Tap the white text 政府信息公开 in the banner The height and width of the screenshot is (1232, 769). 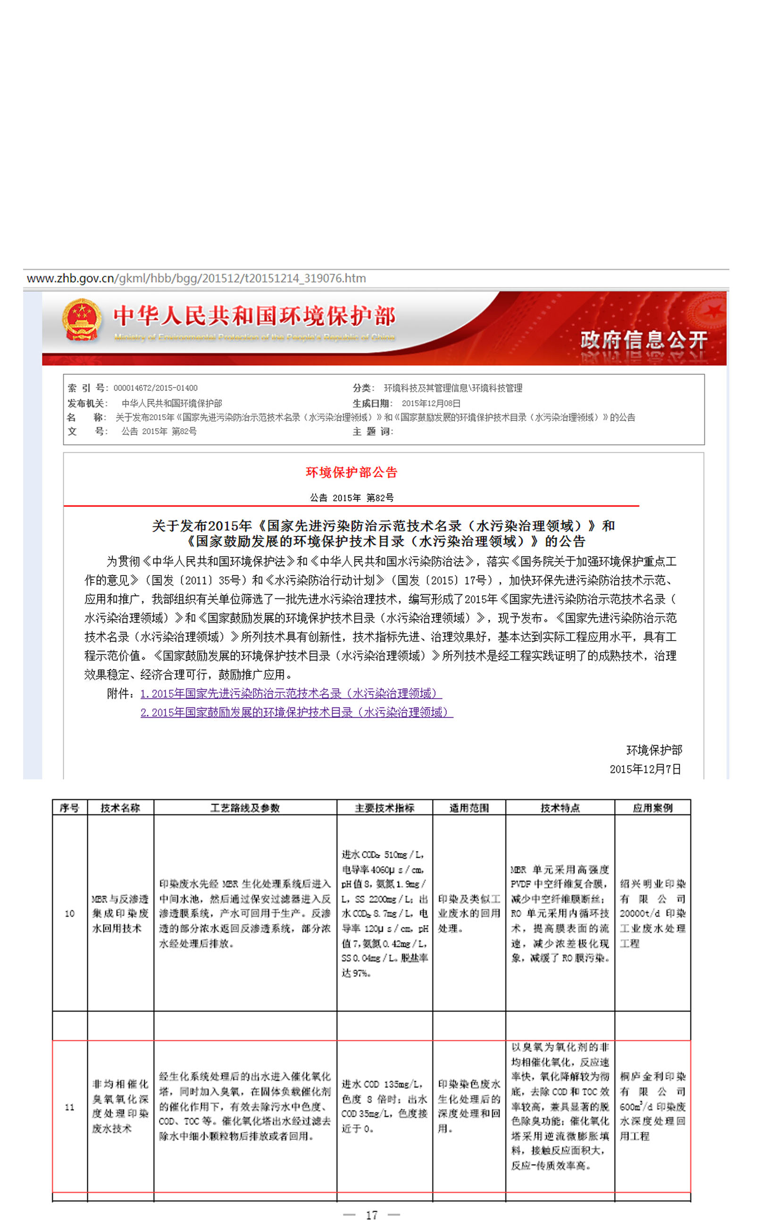[x=644, y=339]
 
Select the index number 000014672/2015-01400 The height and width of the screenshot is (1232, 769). [x=155, y=388]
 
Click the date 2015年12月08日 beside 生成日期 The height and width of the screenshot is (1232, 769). [x=431, y=403]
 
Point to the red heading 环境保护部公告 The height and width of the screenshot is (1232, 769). [x=351, y=472]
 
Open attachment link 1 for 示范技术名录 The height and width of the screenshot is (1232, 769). [x=291, y=693]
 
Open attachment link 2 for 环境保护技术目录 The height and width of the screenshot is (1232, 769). [x=296, y=712]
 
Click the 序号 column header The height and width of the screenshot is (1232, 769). [x=69, y=808]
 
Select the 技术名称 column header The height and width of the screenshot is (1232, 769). [x=120, y=808]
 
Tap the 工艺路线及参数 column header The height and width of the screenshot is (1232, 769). [x=245, y=808]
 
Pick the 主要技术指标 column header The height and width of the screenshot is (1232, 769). [x=384, y=808]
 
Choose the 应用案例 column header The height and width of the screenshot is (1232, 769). [x=652, y=808]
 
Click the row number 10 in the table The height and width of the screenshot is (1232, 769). [x=70, y=913]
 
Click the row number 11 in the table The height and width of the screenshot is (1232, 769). [x=70, y=1107]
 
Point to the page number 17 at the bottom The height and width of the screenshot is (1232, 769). [x=372, y=1215]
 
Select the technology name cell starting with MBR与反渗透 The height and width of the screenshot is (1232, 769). [x=120, y=913]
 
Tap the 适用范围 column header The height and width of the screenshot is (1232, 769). [x=469, y=808]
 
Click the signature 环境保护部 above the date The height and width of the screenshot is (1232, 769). [x=654, y=750]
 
